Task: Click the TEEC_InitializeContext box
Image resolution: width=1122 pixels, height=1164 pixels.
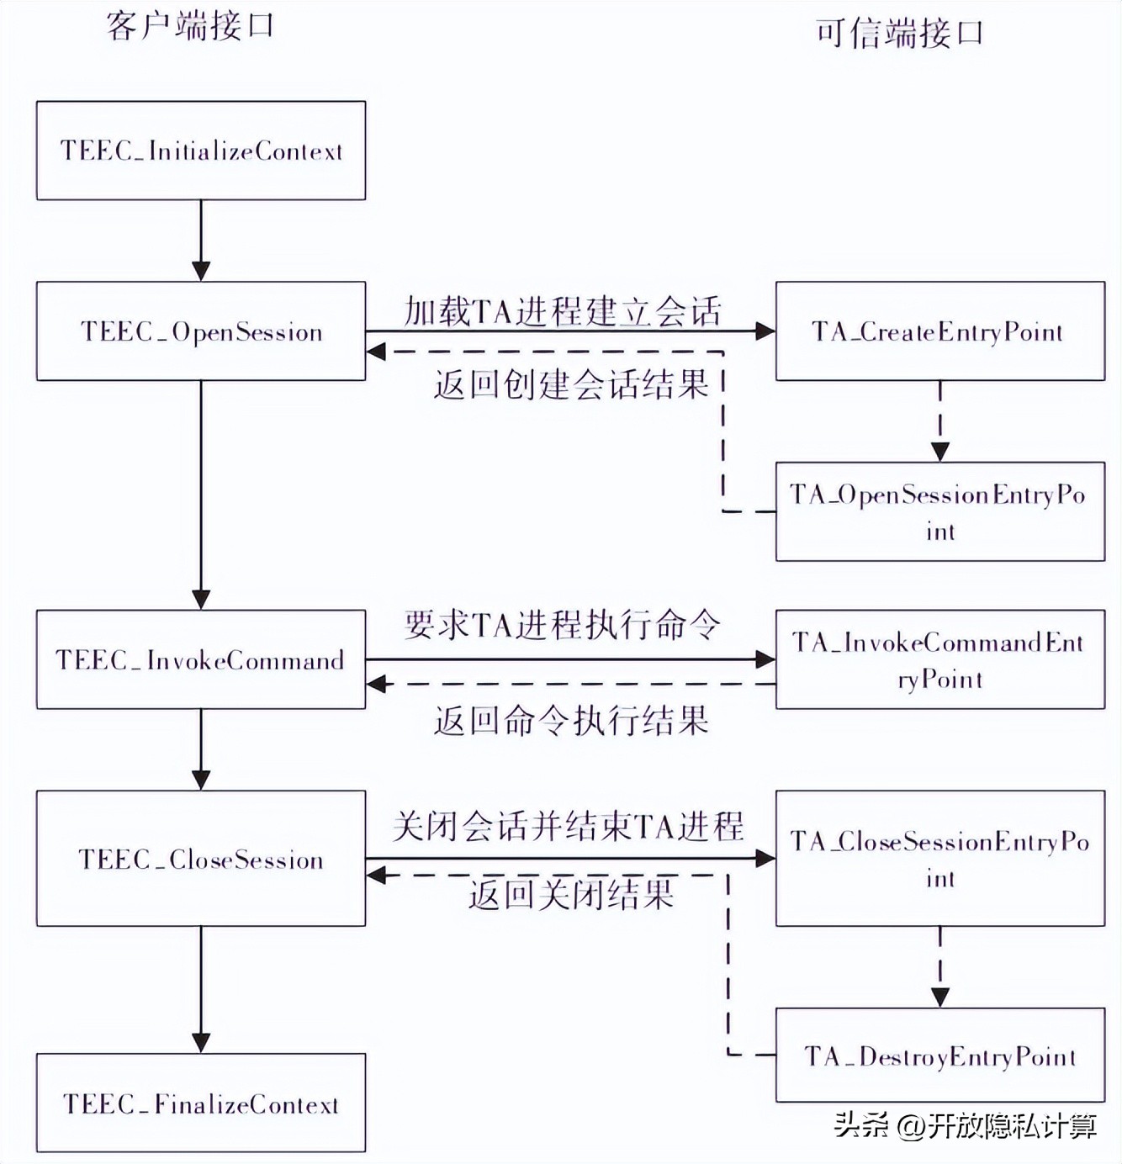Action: click(200, 151)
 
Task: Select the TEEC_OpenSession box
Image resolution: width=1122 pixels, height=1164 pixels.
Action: click(200, 331)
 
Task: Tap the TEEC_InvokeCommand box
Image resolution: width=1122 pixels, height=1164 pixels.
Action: click(200, 659)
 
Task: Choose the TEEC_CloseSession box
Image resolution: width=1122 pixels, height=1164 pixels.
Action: click(200, 859)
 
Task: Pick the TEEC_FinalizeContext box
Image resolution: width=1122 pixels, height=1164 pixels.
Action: click(200, 1103)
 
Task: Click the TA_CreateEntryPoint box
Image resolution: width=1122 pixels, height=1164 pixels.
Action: click(939, 331)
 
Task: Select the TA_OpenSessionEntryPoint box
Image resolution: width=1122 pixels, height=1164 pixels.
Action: click(939, 511)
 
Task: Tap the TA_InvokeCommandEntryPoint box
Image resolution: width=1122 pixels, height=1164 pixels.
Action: click(939, 659)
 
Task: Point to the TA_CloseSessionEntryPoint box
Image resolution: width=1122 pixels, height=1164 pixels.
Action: click(939, 859)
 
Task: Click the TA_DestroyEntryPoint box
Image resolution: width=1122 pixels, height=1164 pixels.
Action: click(939, 1056)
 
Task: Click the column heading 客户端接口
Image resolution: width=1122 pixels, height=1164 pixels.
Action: click(190, 26)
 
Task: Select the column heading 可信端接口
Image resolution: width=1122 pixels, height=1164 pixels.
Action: click(899, 34)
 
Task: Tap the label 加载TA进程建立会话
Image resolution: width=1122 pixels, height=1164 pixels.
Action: click(562, 311)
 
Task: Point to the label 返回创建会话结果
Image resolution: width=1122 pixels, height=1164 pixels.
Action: click(571, 384)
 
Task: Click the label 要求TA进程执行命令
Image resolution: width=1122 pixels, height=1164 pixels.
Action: click(562, 625)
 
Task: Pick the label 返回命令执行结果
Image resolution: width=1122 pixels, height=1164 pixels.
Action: click(571, 721)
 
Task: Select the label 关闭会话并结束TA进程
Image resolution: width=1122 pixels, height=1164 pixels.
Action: click(568, 826)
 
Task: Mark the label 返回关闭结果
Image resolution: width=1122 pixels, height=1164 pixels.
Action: click(571, 894)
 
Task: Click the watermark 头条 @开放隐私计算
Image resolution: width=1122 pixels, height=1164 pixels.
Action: click(966, 1125)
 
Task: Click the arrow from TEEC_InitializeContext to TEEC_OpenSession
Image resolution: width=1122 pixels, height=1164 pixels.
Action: click(201, 241)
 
